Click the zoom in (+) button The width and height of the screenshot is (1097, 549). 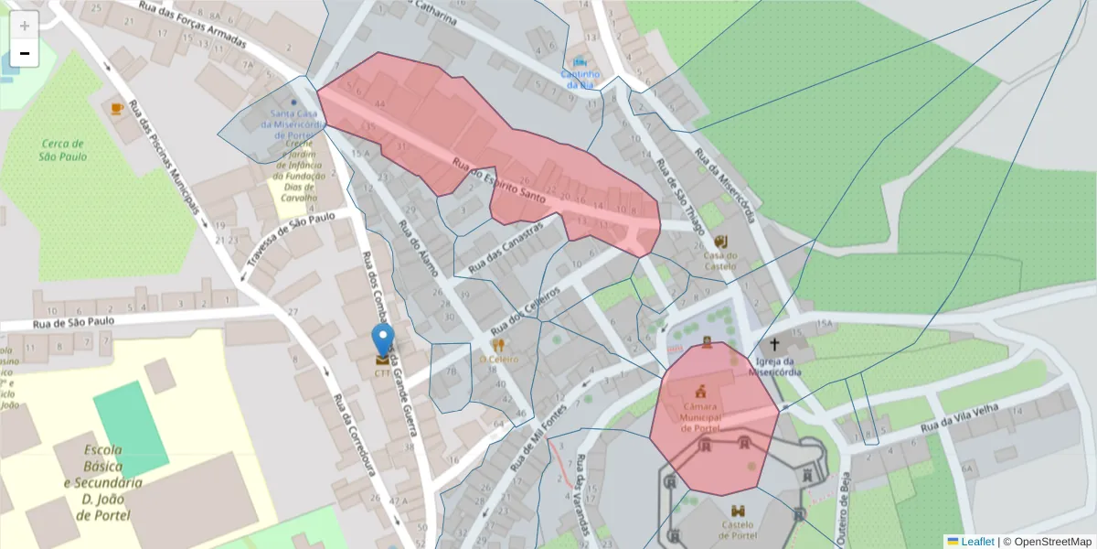point(25,25)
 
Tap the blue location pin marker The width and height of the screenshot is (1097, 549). point(384,339)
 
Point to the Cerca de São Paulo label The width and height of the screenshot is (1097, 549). point(62,149)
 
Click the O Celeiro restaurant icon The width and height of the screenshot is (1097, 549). point(498,346)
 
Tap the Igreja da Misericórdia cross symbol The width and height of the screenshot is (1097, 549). point(775,345)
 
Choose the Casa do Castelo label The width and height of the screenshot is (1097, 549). point(719,261)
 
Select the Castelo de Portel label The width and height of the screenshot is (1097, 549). point(737,530)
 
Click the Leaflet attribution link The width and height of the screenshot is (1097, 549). point(976,542)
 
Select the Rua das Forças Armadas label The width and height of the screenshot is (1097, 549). point(195,20)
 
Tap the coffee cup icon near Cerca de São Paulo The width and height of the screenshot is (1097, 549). point(117,108)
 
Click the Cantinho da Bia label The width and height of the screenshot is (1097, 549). point(580,79)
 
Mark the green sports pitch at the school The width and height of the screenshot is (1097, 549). point(131,430)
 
